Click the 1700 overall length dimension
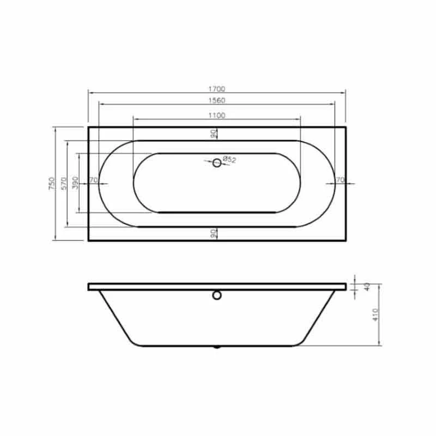point(216,88)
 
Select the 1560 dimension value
point(216,100)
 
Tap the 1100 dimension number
point(216,115)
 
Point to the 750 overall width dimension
point(51,184)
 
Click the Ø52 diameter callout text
point(229,160)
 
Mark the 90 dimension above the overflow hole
point(214,134)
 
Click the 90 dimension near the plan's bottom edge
point(214,233)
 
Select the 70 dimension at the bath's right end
point(340,180)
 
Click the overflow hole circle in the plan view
point(217,162)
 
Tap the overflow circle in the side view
point(217,296)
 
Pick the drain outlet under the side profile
point(217,347)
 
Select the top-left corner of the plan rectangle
point(88,128)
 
